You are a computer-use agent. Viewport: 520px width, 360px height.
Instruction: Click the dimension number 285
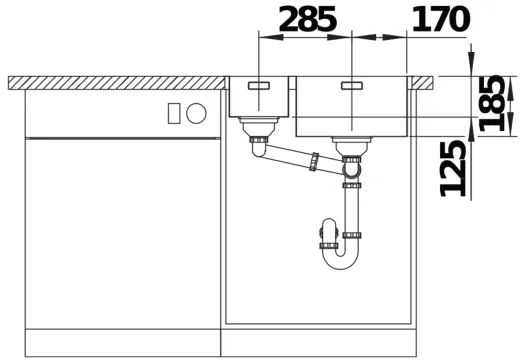click(307, 18)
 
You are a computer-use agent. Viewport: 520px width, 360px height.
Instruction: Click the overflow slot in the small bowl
click(259, 86)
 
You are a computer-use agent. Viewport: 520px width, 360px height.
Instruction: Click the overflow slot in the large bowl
click(353, 86)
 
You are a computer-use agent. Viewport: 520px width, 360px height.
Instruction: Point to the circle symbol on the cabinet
click(197, 113)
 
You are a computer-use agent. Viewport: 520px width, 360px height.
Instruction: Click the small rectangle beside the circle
click(175, 113)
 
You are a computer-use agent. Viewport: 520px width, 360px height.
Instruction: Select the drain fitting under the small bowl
click(259, 127)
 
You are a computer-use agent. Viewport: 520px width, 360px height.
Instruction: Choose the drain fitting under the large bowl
click(352, 147)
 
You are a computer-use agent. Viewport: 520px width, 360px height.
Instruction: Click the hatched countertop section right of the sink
click(424, 82)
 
